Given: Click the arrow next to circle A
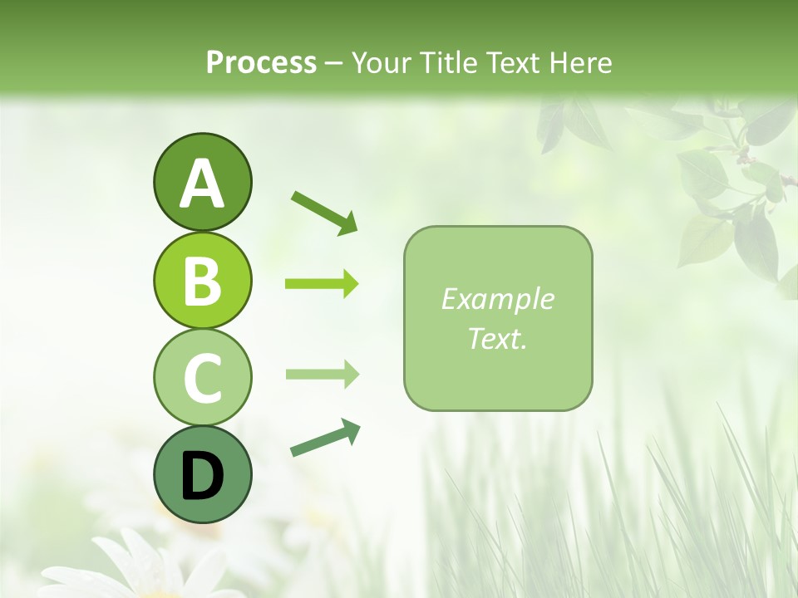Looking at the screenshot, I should (324, 212).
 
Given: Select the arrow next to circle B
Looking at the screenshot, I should (322, 284).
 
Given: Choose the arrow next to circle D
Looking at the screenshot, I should (325, 438).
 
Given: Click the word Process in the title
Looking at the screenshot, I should (261, 63).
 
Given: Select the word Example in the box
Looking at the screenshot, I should (497, 299).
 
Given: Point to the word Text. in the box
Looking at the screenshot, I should (497, 338).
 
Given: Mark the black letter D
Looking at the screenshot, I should (202, 475).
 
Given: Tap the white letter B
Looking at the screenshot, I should (202, 281).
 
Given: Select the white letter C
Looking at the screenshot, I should (202, 378).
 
